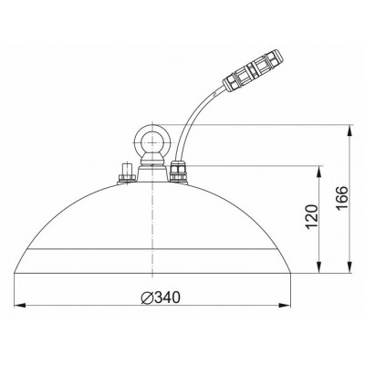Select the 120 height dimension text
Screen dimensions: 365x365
[312, 217]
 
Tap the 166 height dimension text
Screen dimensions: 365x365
[342, 197]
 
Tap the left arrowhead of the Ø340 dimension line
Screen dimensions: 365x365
[19, 305]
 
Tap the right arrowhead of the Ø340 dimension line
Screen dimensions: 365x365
[286, 305]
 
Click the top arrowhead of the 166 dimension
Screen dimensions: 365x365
[350, 130]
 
